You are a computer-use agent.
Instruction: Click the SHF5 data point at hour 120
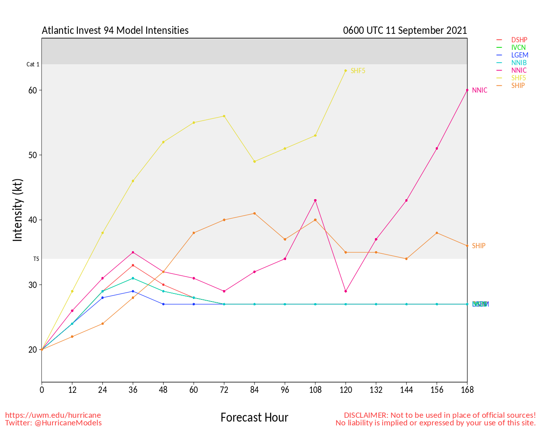pyautogui.click(x=346, y=71)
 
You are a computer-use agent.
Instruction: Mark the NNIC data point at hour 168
pyautogui.click(x=467, y=90)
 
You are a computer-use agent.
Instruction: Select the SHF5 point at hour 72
pyautogui.click(x=224, y=116)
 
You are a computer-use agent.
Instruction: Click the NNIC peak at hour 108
pyautogui.click(x=315, y=200)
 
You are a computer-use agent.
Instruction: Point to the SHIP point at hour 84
pyautogui.click(x=254, y=213)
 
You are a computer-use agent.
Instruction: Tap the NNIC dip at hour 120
pyautogui.click(x=346, y=291)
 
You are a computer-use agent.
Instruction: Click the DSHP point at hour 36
pyautogui.click(x=133, y=265)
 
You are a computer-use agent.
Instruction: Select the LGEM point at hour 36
pyautogui.click(x=133, y=291)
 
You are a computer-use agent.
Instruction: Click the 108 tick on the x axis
pyautogui.click(x=315, y=390)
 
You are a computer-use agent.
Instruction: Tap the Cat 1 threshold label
pyautogui.click(x=33, y=65)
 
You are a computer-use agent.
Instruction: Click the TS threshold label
pyautogui.click(x=36, y=259)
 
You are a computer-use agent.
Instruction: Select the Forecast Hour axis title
pyautogui.click(x=254, y=418)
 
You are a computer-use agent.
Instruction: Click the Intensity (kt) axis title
pyautogui.click(x=17, y=210)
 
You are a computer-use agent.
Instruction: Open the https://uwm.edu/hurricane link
pyautogui.click(x=53, y=415)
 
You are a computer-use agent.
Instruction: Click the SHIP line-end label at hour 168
pyautogui.click(x=478, y=246)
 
